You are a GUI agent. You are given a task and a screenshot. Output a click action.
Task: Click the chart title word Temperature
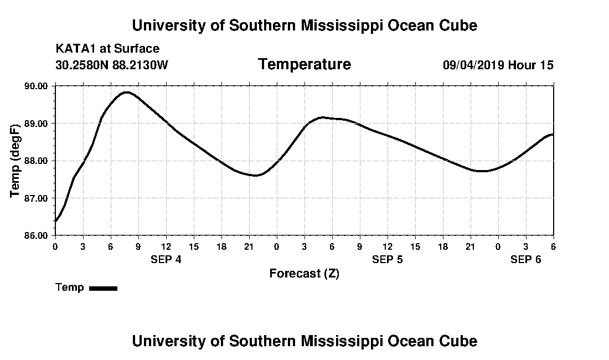click(304, 65)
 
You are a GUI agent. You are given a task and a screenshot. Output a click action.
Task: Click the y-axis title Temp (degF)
click(15, 161)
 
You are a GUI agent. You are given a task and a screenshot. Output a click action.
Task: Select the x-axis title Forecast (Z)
click(304, 274)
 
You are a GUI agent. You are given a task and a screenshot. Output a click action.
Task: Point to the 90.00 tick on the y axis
click(35, 86)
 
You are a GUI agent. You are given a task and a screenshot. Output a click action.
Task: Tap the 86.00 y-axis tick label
click(35, 235)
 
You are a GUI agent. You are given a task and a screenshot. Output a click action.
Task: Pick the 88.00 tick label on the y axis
click(35, 161)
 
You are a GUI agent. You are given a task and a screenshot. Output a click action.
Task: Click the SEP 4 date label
click(166, 260)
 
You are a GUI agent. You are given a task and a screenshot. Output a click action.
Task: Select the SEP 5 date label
click(388, 260)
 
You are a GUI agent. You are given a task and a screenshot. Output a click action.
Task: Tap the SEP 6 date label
click(525, 260)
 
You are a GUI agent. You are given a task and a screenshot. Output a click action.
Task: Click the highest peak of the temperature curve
click(127, 92)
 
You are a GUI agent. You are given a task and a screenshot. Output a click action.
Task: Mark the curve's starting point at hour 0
click(56, 221)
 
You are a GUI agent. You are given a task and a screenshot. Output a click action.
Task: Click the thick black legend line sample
click(103, 288)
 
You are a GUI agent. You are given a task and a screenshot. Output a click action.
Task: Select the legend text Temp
click(70, 287)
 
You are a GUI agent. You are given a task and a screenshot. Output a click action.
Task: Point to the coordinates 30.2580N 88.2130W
click(111, 65)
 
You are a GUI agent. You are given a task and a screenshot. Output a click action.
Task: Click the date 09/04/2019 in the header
click(473, 65)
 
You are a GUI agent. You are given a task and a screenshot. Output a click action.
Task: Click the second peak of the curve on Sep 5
click(323, 117)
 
